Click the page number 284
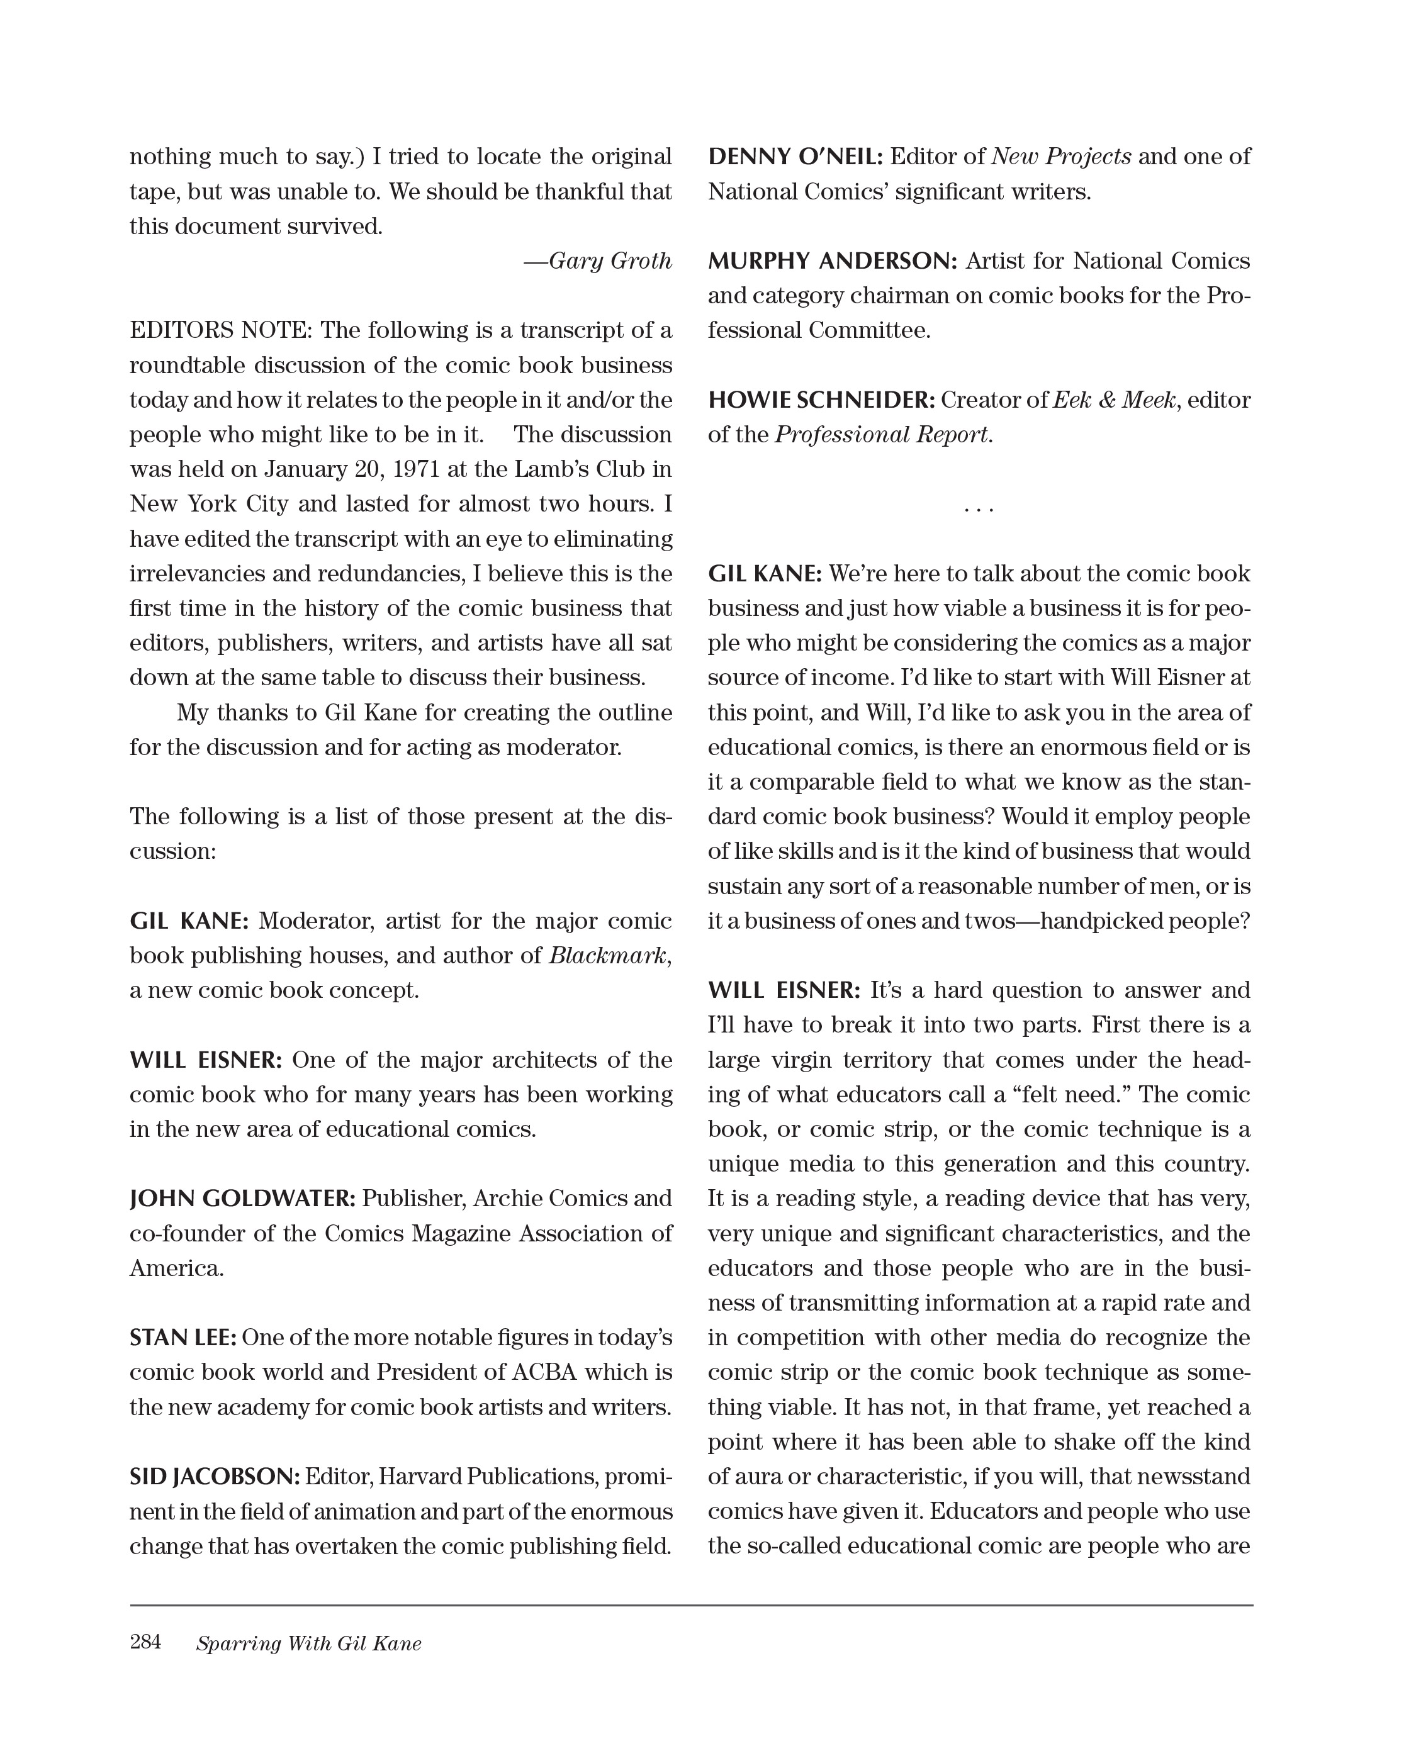pos(145,1642)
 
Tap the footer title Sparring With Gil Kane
pos(308,1643)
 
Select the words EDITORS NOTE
pos(220,330)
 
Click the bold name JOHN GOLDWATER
pos(242,1199)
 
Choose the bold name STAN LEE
pos(183,1338)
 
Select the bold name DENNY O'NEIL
pos(795,157)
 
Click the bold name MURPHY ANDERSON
pos(832,261)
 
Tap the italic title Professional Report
pos(882,435)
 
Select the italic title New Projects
pos(1060,157)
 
